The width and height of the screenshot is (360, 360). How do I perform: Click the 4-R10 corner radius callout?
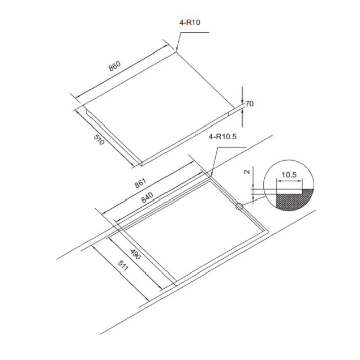click(x=190, y=23)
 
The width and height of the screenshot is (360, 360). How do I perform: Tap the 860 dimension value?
click(x=114, y=66)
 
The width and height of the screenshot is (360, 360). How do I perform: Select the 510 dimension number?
click(x=99, y=139)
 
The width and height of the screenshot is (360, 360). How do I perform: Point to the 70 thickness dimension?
click(x=250, y=104)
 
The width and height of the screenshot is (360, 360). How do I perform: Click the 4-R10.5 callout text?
click(x=222, y=137)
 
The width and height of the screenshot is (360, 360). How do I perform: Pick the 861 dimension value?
click(x=140, y=183)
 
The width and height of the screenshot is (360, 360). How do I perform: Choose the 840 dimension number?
click(x=147, y=198)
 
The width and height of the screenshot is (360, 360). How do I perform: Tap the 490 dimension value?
click(x=135, y=254)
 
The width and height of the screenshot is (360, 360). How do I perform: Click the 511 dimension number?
click(x=123, y=265)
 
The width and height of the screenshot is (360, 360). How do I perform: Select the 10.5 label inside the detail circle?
click(x=289, y=175)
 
